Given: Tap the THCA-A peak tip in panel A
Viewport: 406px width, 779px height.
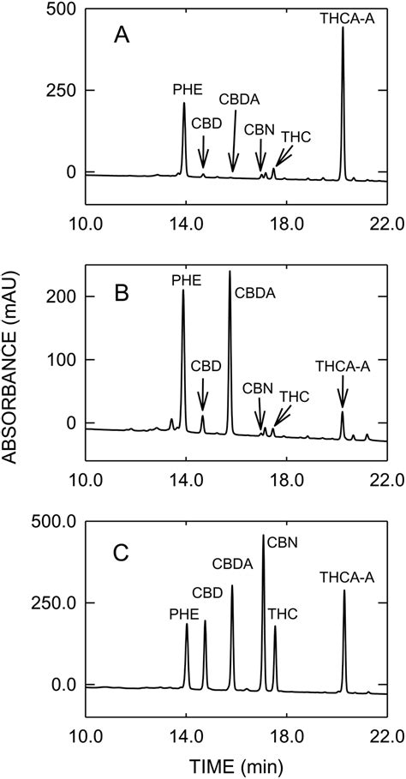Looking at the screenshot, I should tap(343, 28).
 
